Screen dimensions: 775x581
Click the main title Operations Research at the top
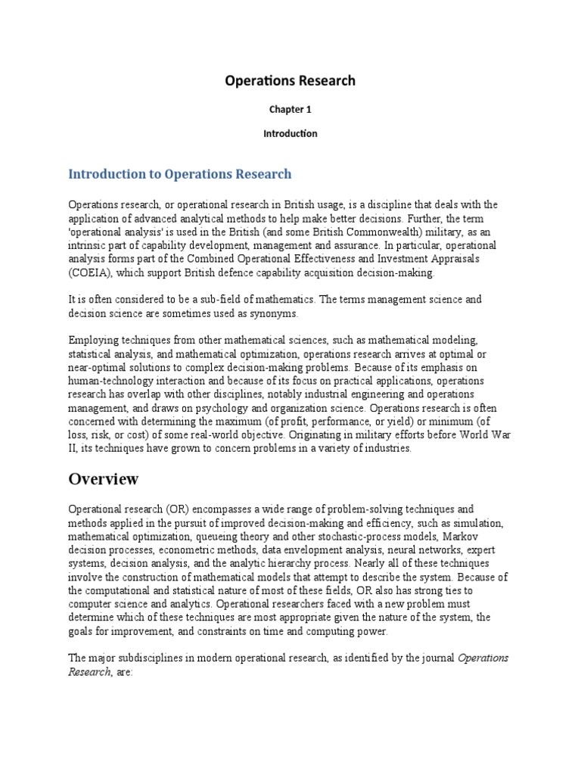pyautogui.click(x=290, y=80)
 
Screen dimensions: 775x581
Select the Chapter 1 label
pyautogui.click(x=290, y=109)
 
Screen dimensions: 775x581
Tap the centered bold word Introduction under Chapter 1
pyautogui.click(x=290, y=133)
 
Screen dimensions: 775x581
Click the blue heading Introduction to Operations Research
pyautogui.click(x=179, y=174)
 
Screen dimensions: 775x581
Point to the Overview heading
pyautogui.click(x=104, y=479)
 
